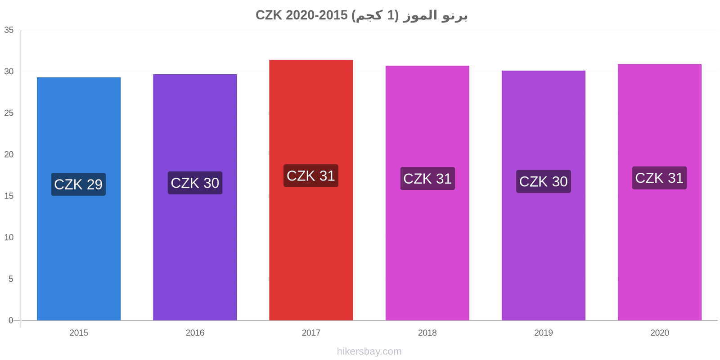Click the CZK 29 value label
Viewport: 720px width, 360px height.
(x=78, y=184)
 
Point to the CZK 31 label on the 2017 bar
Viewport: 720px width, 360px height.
(x=311, y=175)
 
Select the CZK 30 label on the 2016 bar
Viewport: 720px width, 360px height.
(x=195, y=183)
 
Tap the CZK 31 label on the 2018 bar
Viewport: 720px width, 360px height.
(x=427, y=178)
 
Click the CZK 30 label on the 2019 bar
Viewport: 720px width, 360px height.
(x=544, y=181)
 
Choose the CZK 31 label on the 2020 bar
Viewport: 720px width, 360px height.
(x=659, y=178)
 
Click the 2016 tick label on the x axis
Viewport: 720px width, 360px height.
(x=195, y=333)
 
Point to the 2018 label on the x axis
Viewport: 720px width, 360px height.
(x=427, y=333)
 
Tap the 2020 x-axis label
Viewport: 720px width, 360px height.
(x=660, y=333)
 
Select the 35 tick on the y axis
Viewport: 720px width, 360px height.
(x=9, y=30)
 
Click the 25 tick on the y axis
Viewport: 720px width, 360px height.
(x=9, y=113)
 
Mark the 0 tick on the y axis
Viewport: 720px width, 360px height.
(x=11, y=320)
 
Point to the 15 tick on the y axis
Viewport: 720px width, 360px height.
(x=9, y=196)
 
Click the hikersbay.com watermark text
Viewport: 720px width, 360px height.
(x=369, y=351)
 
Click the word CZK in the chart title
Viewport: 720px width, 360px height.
(x=269, y=15)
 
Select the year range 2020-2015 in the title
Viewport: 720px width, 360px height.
(x=317, y=15)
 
